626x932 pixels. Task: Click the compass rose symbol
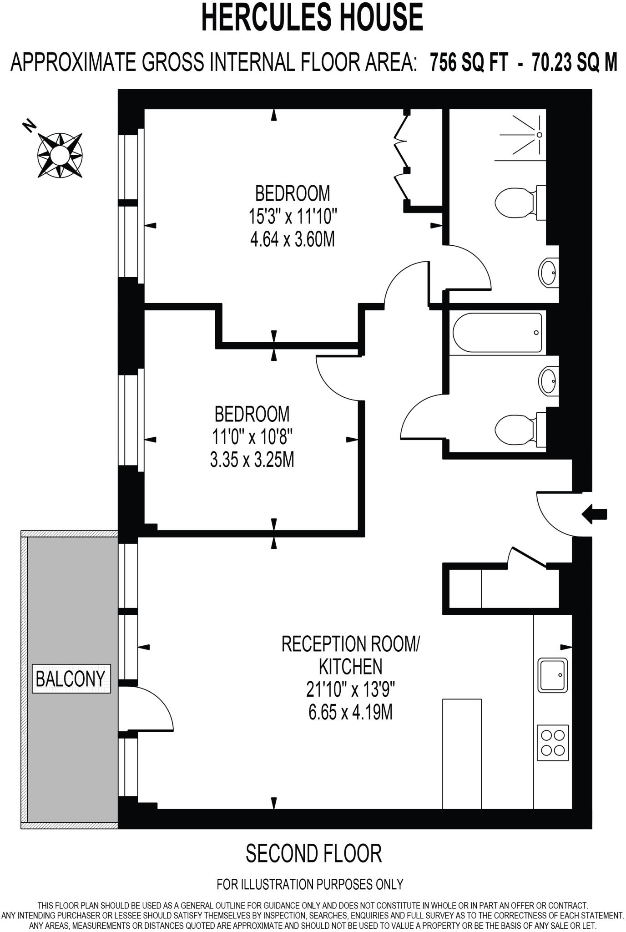pyautogui.click(x=60, y=155)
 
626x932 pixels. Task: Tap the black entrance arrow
pyautogui.click(x=594, y=514)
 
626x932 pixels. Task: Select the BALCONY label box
pyautogui.click(x=71, y=679)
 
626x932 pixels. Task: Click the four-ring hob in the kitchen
pyautogui.click(x=553, y=742)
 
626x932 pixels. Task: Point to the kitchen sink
pyautogui.click(x=553, y=675)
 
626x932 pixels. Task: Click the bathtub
pyautogui.click(x=497, y=333)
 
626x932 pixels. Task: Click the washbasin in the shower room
pyautogui.click(x=549, y=273)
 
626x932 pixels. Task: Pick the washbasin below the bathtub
pyautogui.click(x=549, y=380)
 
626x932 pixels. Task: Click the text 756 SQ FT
pyautogui.click(x=469, y=62)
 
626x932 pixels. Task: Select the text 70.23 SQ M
pyautogui.click(x=575, y=62)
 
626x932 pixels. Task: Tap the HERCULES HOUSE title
pyautogui.click(x=312, y=17)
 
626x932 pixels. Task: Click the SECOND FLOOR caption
pyautogui.click(x=313, y=854)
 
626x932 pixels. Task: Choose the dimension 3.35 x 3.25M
pyautogui.click(x=252, y=460)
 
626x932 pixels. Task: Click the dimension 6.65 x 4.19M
pyautogui.click(x=350, y=712)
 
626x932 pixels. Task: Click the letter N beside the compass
pyautogui.click(x=30, y=125)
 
